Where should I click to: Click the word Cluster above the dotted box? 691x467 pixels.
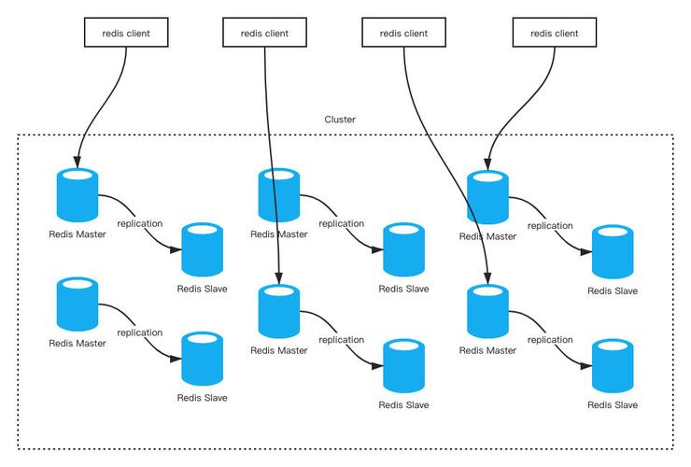340,120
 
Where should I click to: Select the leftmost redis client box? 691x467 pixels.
125,34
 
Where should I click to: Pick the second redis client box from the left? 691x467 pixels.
264,34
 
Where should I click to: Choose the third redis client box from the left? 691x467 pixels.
403,34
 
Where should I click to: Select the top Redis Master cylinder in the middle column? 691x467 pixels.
278,194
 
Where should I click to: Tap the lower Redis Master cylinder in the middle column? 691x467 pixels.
278,311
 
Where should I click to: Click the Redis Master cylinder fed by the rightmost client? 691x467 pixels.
487,196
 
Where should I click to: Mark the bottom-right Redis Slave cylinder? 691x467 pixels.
613,364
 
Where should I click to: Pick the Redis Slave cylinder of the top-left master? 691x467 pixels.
202,248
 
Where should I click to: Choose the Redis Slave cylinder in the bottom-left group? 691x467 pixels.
202,357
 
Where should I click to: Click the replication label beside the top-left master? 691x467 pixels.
139,223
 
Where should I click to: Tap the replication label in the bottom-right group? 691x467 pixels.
550,340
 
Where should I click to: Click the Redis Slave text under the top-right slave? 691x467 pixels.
613,291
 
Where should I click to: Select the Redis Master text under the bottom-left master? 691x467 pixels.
78,344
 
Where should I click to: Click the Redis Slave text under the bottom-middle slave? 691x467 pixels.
403,404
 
